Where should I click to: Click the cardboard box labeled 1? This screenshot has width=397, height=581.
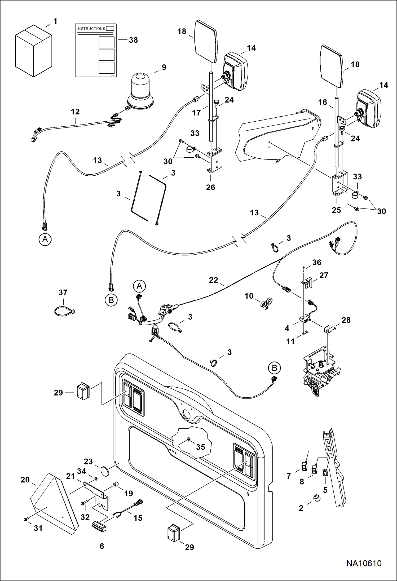(33, 51)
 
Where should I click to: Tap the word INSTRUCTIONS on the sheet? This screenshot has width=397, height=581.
(91, 29)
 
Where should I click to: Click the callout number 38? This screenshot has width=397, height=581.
(133, 40)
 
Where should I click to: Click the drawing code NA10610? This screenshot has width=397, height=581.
(364, 563)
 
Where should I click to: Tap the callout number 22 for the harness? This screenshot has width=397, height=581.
(213, 280)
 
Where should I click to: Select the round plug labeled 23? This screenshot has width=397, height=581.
(105, 472)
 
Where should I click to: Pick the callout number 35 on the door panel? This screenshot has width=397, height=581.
(201, 447)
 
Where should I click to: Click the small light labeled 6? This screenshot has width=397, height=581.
(99, 526)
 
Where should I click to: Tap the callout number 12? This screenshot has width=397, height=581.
(75, 112)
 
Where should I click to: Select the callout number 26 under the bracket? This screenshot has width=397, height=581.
(210, 188)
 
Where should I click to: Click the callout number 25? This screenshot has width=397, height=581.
(336, 210)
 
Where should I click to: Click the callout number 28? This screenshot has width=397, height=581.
(346, 320)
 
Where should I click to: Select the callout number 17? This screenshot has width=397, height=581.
(196, 113)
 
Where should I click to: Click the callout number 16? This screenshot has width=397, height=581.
(323, 103)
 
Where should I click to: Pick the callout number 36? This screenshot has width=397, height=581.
(317, 263)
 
